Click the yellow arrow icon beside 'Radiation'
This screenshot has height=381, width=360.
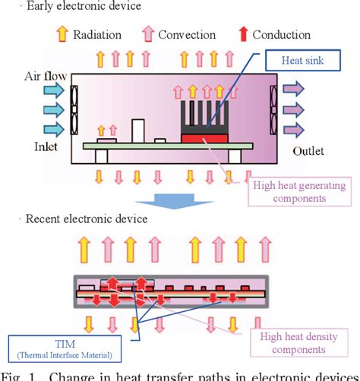62,35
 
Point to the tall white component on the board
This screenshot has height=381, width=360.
138,129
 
